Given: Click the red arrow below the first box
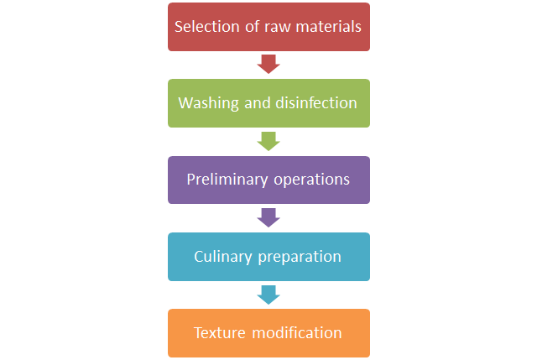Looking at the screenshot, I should point(268,64).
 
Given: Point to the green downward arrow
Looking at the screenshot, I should point(268,141).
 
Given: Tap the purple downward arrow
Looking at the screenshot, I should point(268,217).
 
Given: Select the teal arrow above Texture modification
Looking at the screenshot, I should point(268,294).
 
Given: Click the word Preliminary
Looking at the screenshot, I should point(223,180).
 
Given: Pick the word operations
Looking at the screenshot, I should point(308,180).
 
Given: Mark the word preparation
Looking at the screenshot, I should point(298,257).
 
